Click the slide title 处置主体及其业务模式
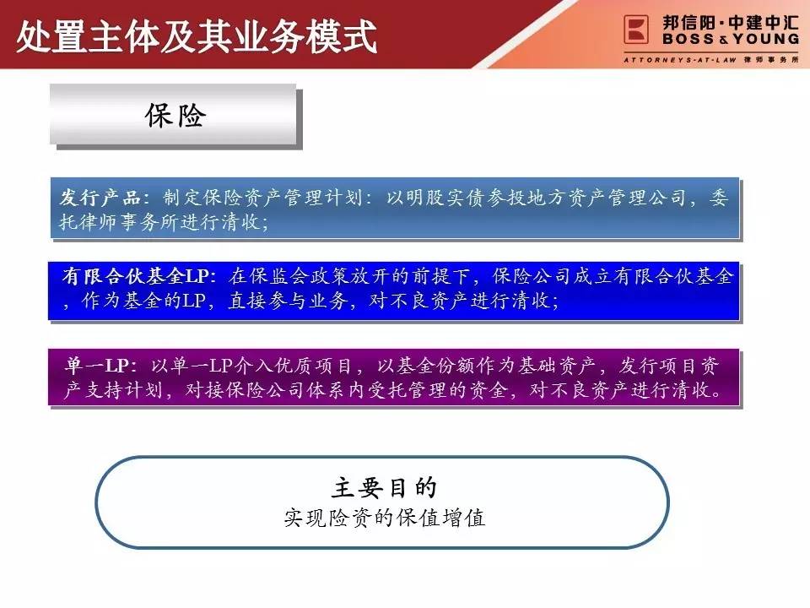(197, 36)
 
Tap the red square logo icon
(636, 29)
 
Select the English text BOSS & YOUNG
(731, 39)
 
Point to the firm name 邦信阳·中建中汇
(731, 23)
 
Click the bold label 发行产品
(100, 198)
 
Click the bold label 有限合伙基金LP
(134, 276)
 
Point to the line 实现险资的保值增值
(385, 518)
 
